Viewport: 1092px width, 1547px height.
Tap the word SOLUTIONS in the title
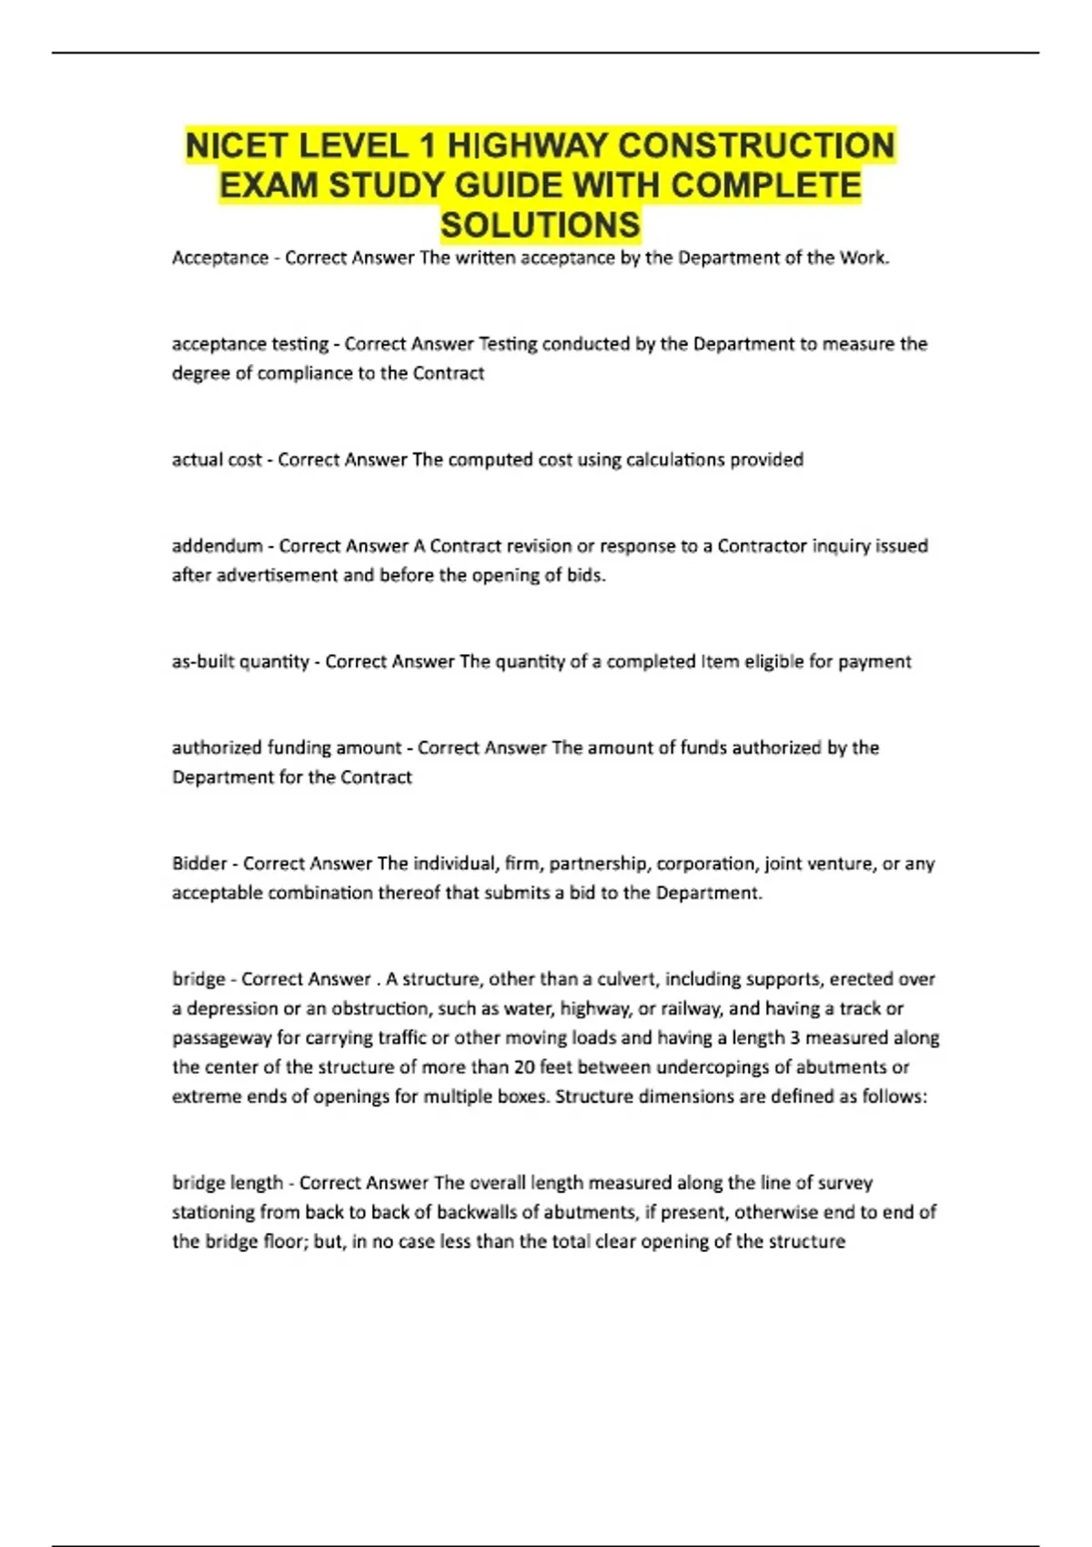point(541,225)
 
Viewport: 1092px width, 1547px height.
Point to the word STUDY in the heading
point(387,186)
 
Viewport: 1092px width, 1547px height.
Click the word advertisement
point(277,575)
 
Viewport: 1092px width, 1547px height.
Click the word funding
point(299,748)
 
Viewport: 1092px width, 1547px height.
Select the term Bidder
point(199,864)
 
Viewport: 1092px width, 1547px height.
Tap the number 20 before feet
point(523,1067)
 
